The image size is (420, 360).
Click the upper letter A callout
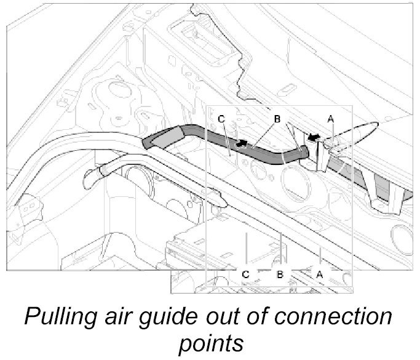(331, 119)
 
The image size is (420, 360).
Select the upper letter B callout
(277, 119)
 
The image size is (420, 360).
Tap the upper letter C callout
(220, 119)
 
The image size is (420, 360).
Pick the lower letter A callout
(319, 275)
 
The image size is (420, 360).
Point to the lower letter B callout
(279, 275)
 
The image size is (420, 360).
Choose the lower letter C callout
(245, 275)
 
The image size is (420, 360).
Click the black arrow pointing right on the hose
(245, 144)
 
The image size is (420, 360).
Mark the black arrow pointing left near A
(314, 138)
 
